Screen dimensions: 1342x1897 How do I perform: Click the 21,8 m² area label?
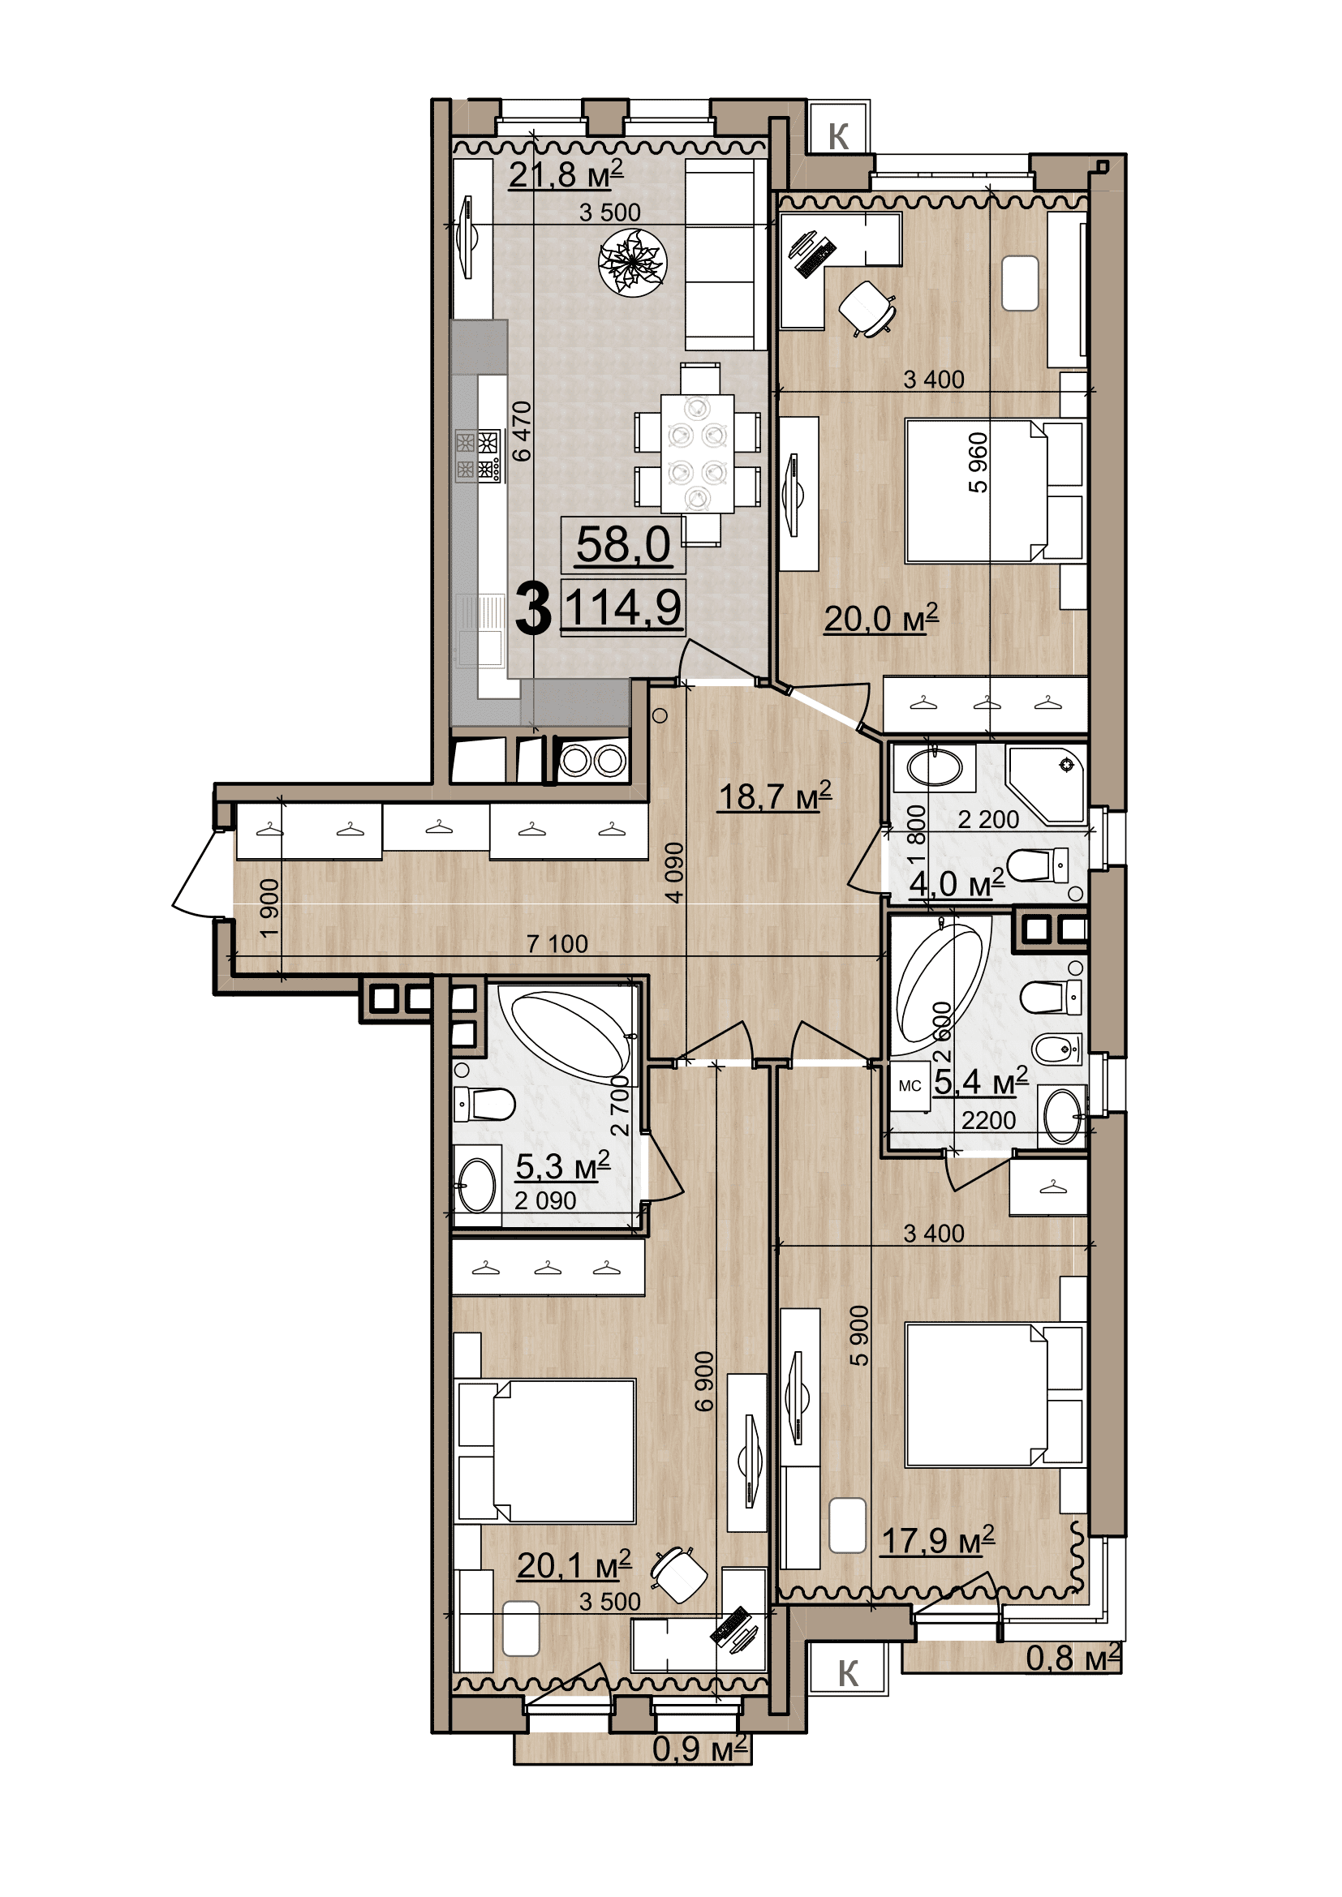(x=566, y=175)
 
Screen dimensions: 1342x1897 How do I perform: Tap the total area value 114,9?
(x=623, y=607)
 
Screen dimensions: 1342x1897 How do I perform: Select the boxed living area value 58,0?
(x=623, y=545)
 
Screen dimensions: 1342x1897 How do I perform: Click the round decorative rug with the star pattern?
(x=632, y=262)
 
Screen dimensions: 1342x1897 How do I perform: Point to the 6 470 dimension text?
(x=522, y=431)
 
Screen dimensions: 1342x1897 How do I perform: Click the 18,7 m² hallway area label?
(x=774, y=796)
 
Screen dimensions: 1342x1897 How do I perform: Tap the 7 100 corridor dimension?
(x=557, y=943)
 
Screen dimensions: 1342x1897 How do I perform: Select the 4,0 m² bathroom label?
(x=957, y=883)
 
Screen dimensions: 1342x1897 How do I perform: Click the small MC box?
(x=909, y=1086)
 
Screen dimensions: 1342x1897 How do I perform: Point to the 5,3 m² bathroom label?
(x=562, y=1166)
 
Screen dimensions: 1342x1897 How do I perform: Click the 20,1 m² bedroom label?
(x=574, y=1564)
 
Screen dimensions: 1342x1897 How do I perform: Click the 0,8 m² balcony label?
(x=1073, y=1658)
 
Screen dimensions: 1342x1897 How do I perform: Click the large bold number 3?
(x=533, y=609)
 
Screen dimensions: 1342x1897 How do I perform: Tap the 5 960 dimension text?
(x=978, y=462)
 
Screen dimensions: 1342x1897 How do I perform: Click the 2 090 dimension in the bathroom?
(x=545, y=1200)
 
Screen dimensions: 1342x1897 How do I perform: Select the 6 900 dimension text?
(x=703, y=1381)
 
